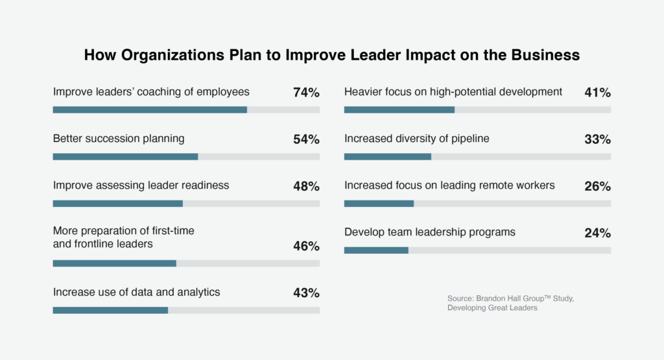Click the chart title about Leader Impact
coord(331,55)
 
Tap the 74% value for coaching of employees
coord(306,93)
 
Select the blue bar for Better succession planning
coord(125,157)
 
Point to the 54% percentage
coord(306,139)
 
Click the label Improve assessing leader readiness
coord(141,185)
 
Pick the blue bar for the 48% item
coord(117,204)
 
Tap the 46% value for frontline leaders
coord(306,246)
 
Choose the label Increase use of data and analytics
coord(136,292)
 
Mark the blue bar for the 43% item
coord(110,310)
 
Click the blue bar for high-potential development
coord(399,110)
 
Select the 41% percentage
coord(597,93)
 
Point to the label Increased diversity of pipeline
coord(416,138)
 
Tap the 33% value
coord(597,139)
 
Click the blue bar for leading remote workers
coord(379,204)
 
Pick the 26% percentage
coord(597,186)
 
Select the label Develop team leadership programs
coord(429,232)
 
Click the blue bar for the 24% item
coord(376,250)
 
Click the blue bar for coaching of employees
coord(150,110)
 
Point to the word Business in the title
coord(543,55)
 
